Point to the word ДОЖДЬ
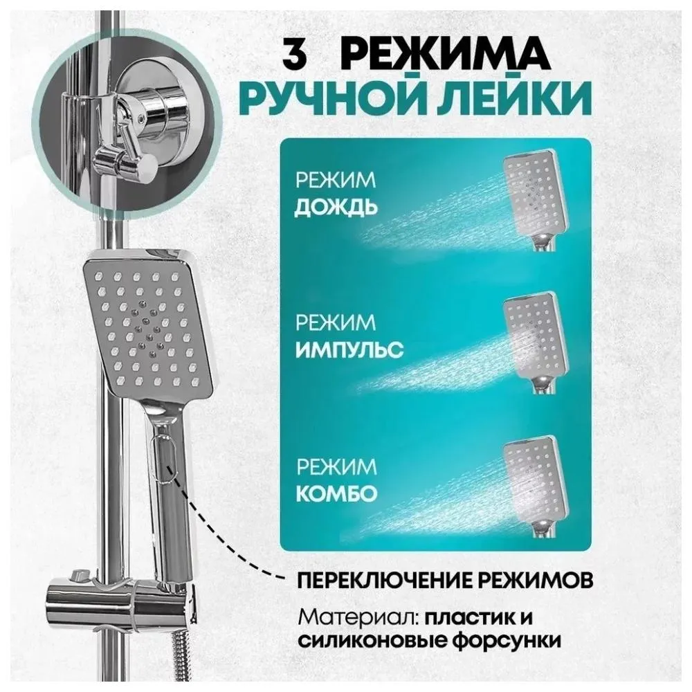pyautogui.click(x=336, y=208)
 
